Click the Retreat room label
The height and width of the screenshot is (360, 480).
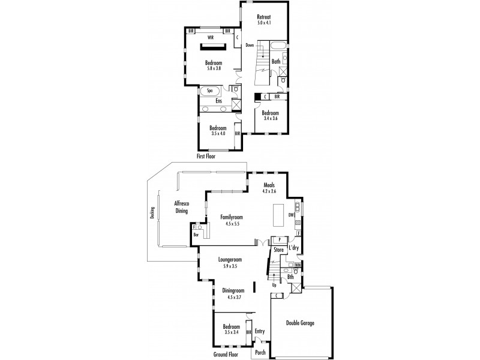click(x=264, y=17)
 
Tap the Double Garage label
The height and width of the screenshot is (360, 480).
click(x=301, y=323)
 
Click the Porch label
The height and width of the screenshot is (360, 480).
click(x=260, y=352)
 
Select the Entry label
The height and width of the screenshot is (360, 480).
click(x=260, y=331)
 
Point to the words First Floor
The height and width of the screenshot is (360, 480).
click(x=206, y=155)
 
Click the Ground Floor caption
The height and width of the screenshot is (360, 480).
click(x=227, y=355)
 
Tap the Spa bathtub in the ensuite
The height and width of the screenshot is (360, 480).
click(x=210, y=91)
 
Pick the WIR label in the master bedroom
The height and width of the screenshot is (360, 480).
click(x=211, y=37)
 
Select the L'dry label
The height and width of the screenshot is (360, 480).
click(x=294, y=248)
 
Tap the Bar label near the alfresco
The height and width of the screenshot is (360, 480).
click(x=196, y=235)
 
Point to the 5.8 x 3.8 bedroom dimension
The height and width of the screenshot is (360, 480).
click(x=214, y=68)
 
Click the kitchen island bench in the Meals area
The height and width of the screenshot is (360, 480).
click(x=278, y=213)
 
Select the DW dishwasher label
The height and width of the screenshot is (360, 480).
click(x=290, y=214)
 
